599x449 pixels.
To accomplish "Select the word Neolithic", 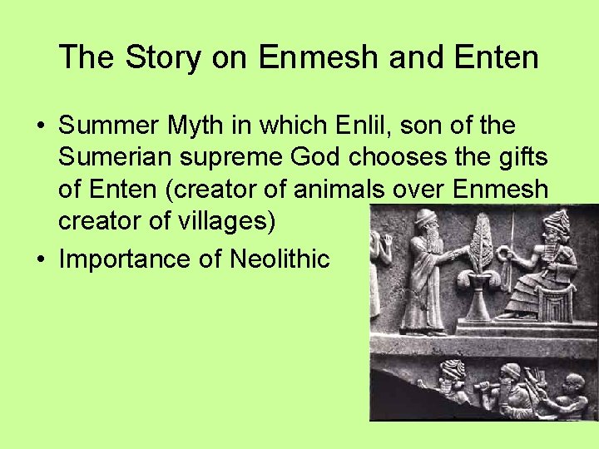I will [279, 259].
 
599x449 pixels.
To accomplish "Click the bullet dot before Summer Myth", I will [41, 127].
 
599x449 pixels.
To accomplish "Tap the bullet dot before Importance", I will [41, 260].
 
